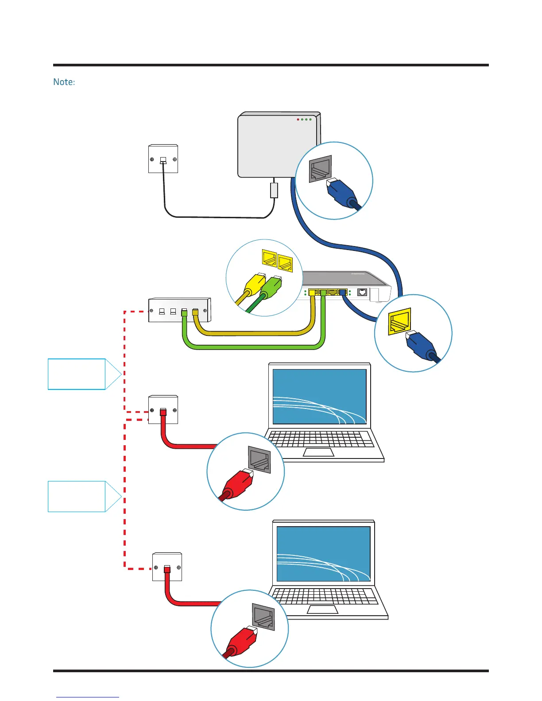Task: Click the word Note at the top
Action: click(63, 82)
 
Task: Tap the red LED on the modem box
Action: click(298, 119)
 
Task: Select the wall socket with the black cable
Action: click(163, 159)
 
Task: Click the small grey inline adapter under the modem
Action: click(274, 190)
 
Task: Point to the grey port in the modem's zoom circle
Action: click(320, 168)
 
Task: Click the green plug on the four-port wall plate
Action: click(184, 313)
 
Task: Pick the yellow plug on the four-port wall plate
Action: click(195, 312)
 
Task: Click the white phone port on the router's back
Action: click(362, 293)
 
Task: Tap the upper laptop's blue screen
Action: click(319, 397)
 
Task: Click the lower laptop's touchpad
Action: click(322, 609)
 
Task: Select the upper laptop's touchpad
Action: click(318, 452)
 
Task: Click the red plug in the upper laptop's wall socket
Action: click(163, 412)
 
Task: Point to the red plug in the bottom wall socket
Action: click(167, 569)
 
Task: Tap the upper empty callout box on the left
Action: click(77, 374)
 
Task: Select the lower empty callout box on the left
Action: click(77, 496)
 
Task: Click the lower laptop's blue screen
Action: click(323, 554)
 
